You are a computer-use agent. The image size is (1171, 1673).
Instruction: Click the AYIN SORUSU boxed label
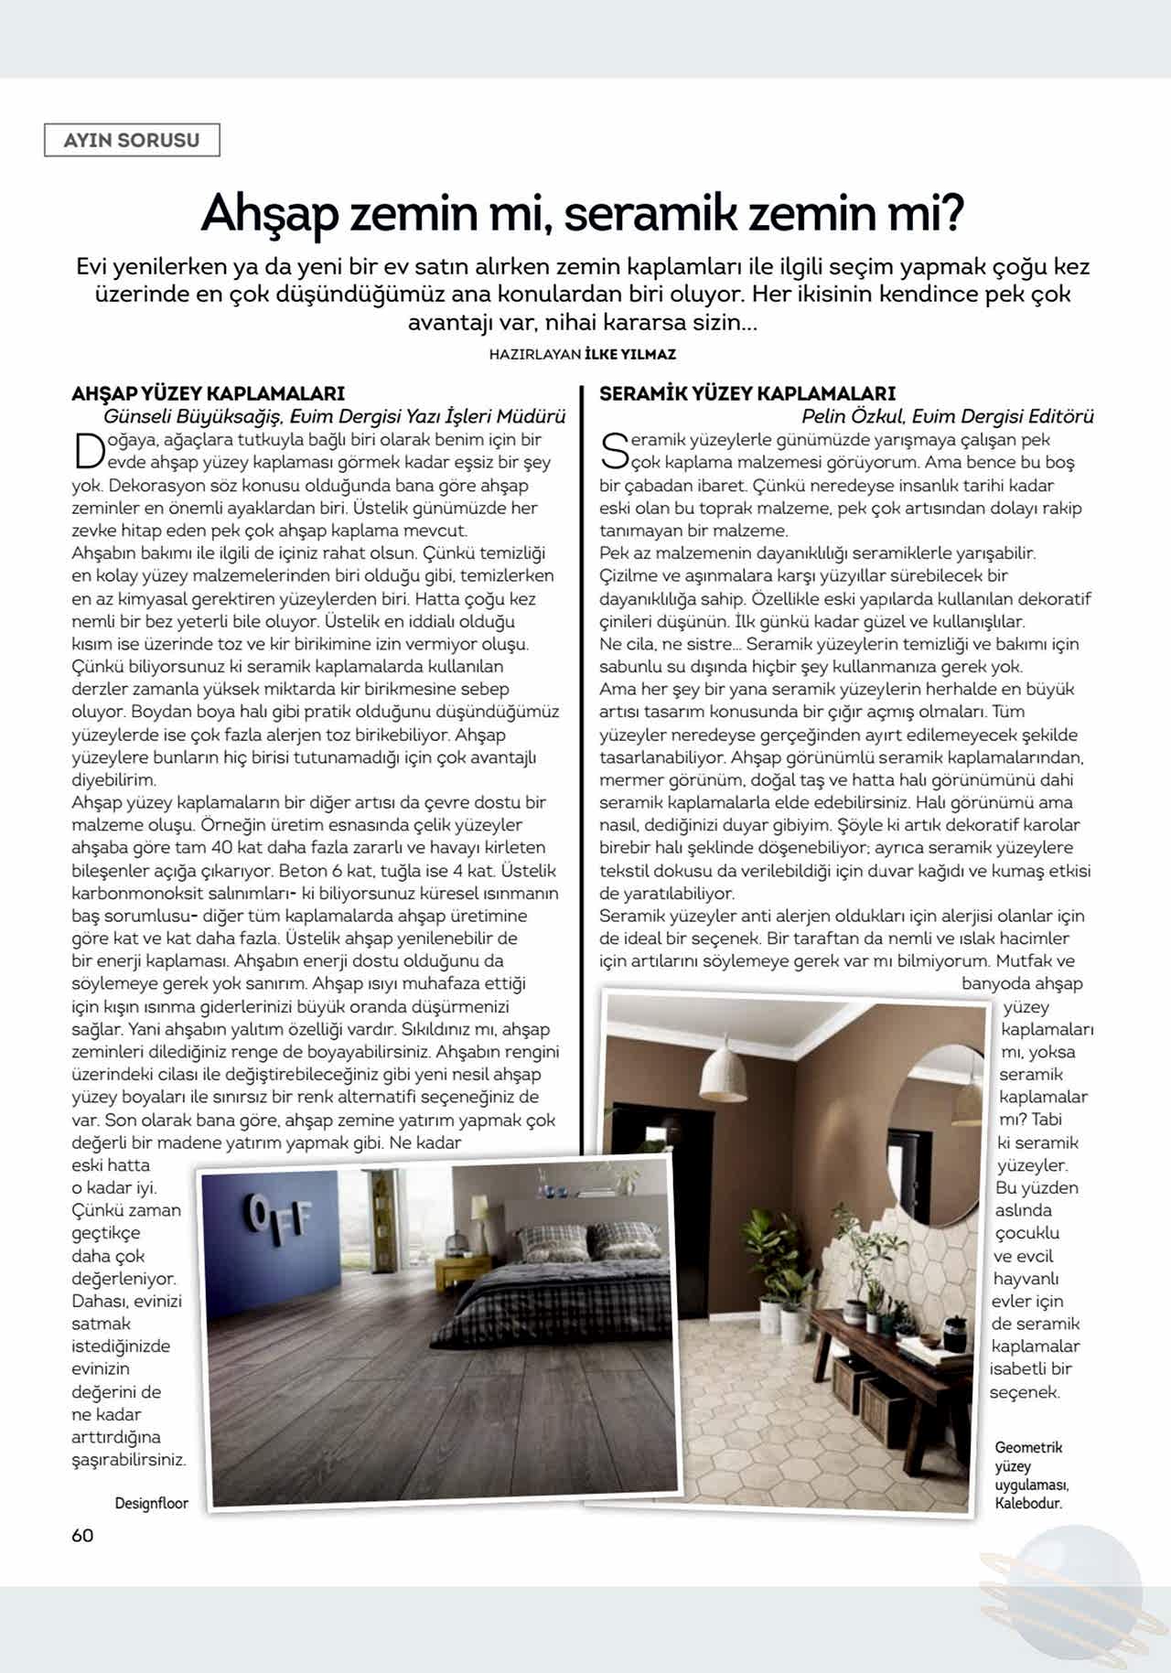tap(132, 140)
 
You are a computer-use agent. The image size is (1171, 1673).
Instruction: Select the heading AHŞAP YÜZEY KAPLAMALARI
tap(208, 393)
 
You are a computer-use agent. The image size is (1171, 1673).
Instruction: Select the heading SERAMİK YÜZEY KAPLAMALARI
tap(747, 393)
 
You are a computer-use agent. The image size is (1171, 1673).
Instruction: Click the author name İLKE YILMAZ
tap(629, 354)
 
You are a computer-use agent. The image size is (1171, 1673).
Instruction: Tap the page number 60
tap(82, 1535)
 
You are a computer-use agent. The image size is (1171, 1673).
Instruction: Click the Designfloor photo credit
tap(151, 1503)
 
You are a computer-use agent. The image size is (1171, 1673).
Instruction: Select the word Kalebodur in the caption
tap(1027, 1503)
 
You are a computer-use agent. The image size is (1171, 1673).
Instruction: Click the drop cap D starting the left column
tap(89, 451)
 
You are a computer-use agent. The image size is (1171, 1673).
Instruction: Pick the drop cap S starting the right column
tap(615, 451)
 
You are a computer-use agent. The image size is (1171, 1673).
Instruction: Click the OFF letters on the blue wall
tap(278, 1216)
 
